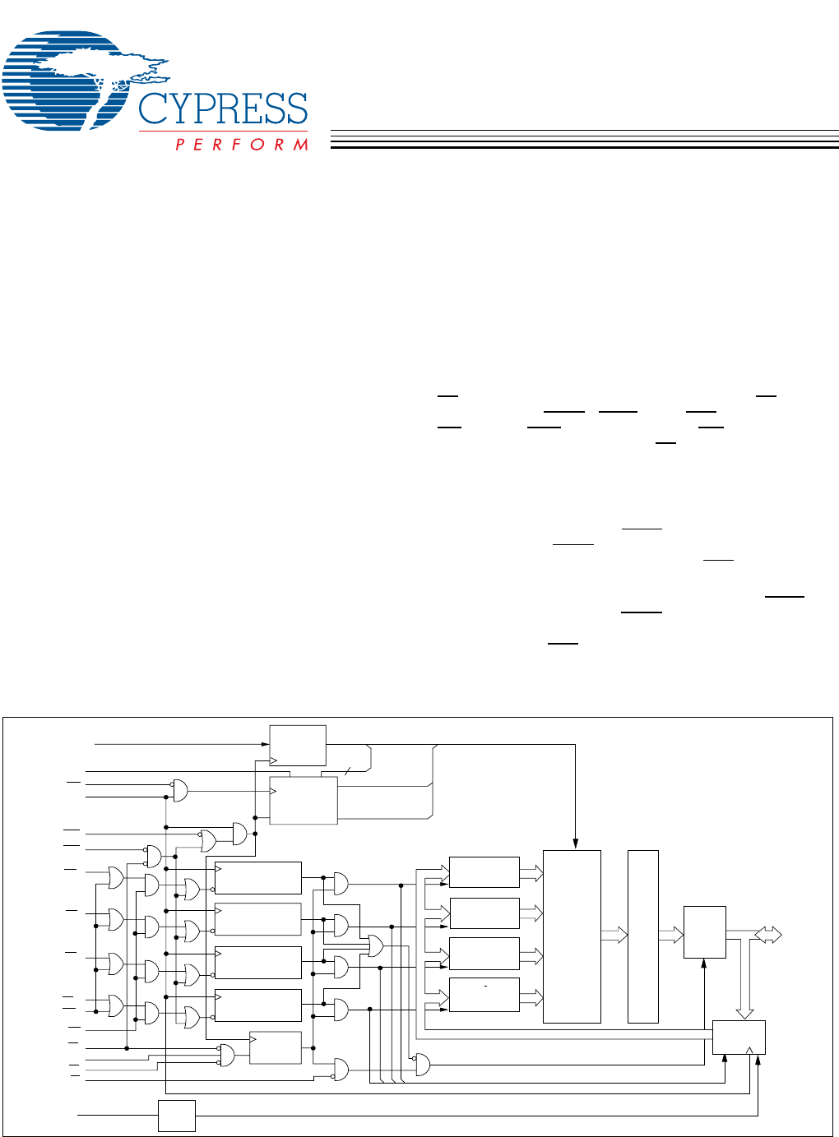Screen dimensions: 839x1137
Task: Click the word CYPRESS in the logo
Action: pyautogui.click(x=223, y=109)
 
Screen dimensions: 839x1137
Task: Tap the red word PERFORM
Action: pyautogui.click(x=242, y=145)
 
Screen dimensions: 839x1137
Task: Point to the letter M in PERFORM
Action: pyautogui.click(x=301, y=145)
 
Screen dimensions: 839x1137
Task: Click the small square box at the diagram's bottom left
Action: pyautogui.click(x=177, y=1116)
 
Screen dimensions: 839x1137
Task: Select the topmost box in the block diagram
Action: pyautogui.click(x=298, y=745)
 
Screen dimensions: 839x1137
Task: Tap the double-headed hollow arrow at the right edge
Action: pyautogui.click(x=768, y=935)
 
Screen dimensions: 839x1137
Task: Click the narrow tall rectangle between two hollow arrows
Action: pyautogui.click(x=643, y=936)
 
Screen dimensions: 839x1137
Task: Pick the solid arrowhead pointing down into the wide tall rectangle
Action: pyautogui.click(x=576, y=844)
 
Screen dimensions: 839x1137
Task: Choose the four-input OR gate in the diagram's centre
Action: pyautogui.click(x=376, y=945)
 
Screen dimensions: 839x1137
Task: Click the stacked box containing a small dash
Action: pyautogui.click(x=484, y=995)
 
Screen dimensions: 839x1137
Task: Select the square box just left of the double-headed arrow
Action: pyautogui.click(x=704, y=932)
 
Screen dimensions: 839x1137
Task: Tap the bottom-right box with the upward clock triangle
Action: pyautogui.click(x=739, y=1038)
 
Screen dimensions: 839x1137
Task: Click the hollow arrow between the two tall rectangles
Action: pyautogui.click(x=614, y=935)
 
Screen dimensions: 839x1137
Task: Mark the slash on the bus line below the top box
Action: pyautogui.click(x=347, y=771)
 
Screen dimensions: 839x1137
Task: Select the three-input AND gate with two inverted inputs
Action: pyautogui.click(x=226, y=1055)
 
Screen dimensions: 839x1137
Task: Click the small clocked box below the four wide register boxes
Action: pyautogui.click(x=276, y=1047)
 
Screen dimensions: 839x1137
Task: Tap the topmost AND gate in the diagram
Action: pyautogui.click(x=179, y=790)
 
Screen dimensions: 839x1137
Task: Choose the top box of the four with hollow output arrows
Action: pyautogui.click(x=484, y=872)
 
